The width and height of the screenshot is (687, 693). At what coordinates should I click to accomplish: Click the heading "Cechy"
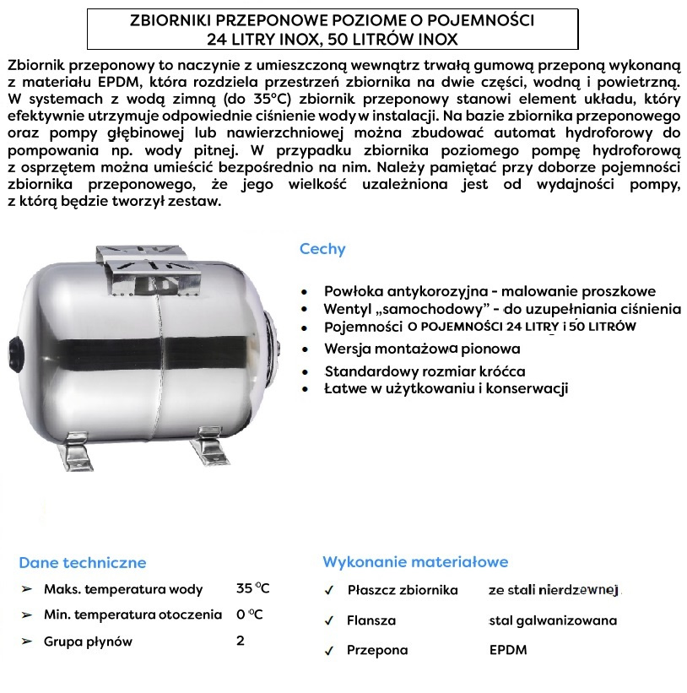tap(322, 249)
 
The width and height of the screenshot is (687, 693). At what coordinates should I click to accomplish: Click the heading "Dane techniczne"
tap(83, 563)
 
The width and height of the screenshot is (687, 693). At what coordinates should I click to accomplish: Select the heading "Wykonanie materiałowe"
tap(415, 562)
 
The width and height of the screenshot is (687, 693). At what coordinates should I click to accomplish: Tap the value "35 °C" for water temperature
tap(253, 589)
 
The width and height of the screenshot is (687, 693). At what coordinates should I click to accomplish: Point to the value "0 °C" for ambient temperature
tap(250, 615)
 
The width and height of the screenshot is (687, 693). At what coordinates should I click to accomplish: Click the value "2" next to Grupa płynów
tap(241, 641)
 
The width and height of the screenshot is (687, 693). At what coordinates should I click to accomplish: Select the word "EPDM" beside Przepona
tap(508, 650)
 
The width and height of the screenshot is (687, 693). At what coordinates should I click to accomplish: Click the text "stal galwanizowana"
tap(553, 620)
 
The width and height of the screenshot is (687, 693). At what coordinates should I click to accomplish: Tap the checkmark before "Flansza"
tap(329, 620)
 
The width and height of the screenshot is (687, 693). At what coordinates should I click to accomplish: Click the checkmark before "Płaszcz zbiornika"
tap(329, 590)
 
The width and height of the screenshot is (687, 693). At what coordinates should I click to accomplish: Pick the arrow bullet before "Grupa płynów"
tap(27, 642)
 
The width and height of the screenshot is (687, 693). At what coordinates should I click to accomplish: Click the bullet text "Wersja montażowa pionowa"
tap(422, 349)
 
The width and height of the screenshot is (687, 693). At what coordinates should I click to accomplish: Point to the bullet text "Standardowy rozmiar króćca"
tap(425, 371)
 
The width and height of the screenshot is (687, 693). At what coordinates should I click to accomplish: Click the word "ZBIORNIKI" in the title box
tap(168, 19)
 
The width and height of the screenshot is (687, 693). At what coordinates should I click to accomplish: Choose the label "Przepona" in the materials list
tap(377, 650)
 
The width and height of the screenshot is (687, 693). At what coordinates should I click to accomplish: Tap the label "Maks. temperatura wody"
tap(123, 589)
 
